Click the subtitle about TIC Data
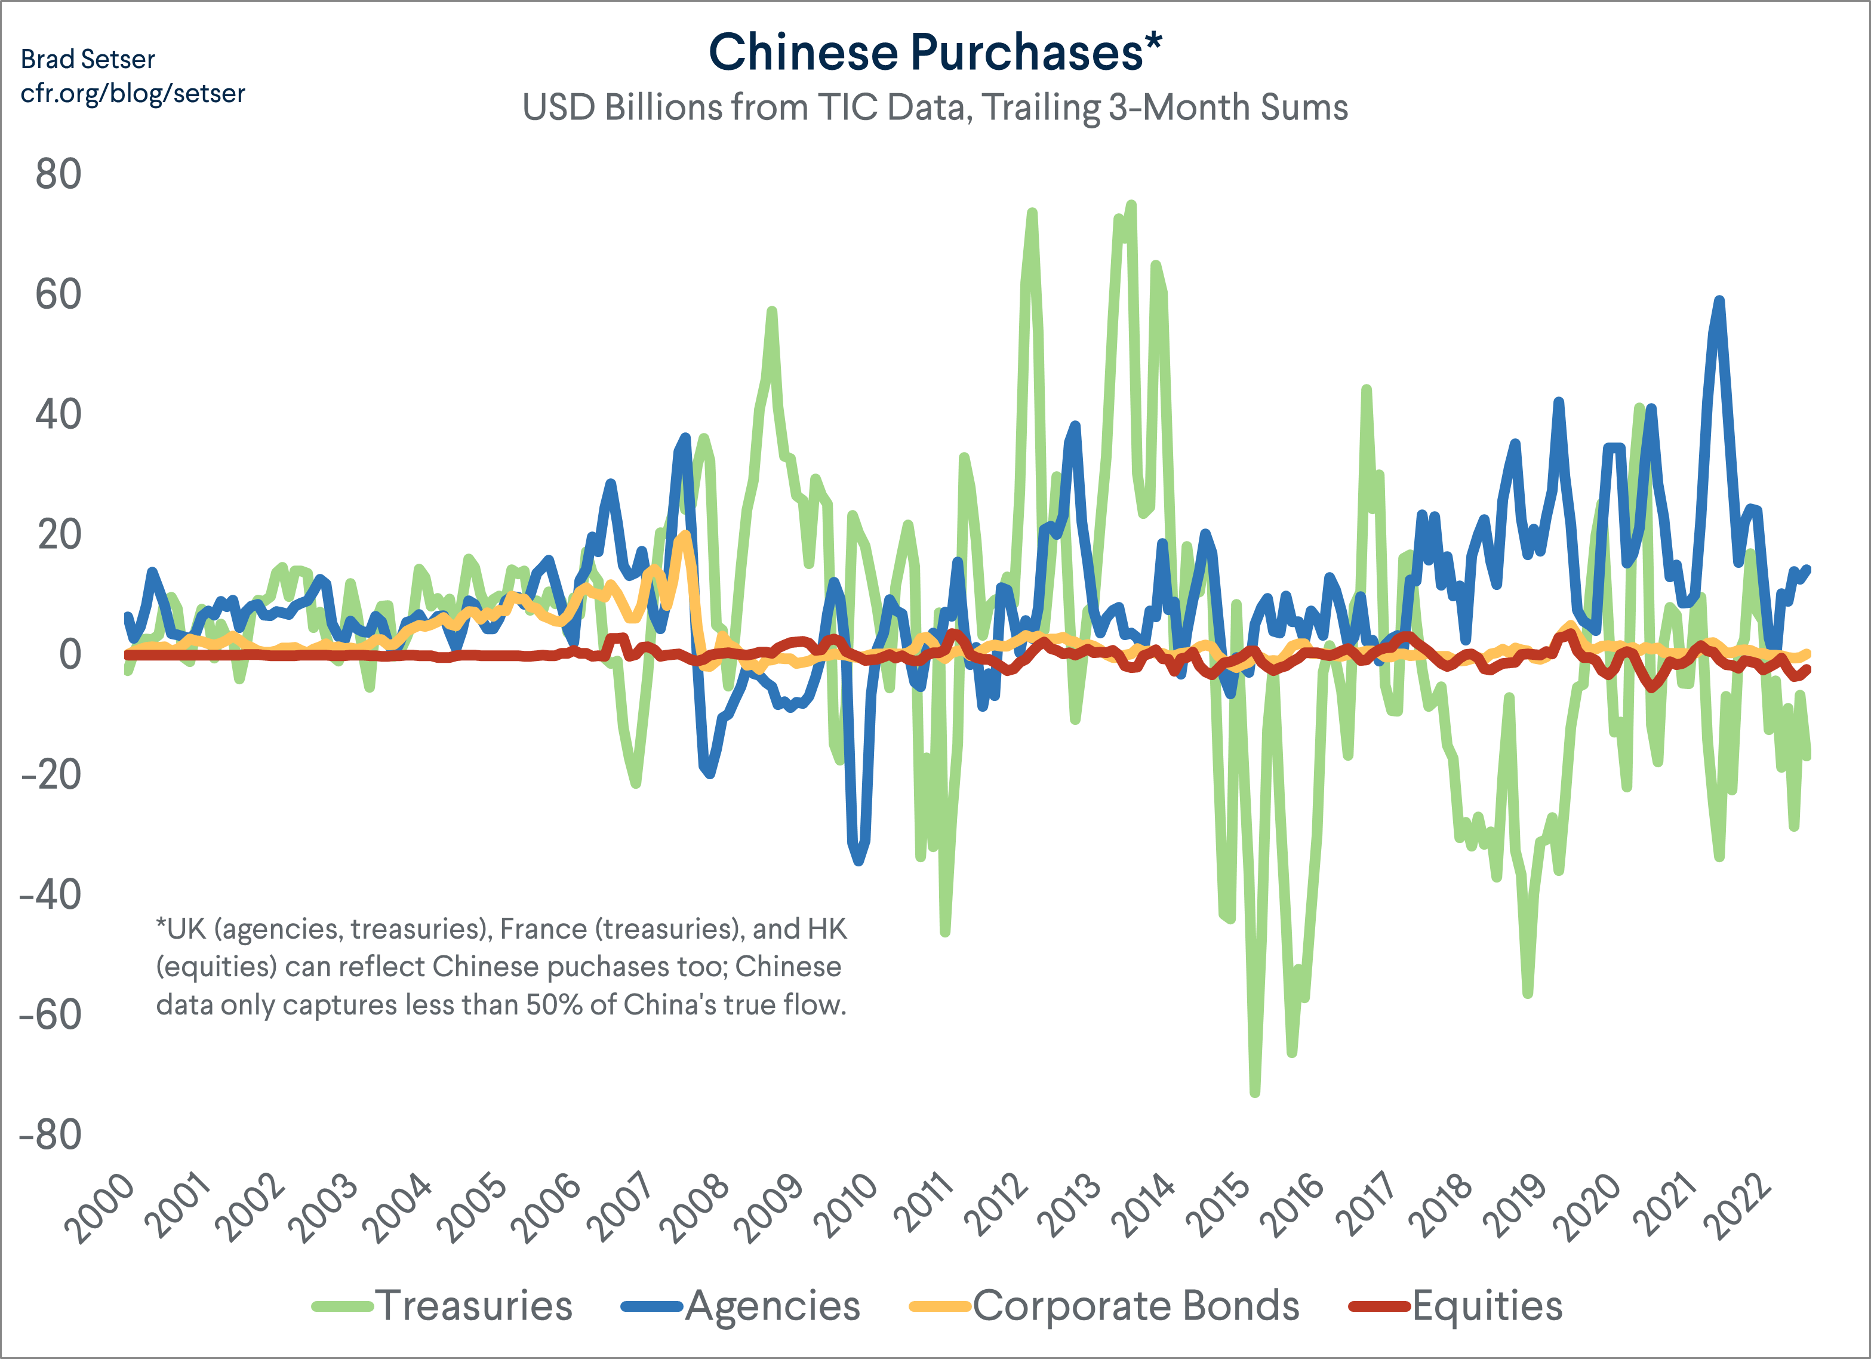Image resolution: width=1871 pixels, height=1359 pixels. pos(935,108)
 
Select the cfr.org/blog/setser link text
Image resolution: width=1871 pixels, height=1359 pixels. pos(132,93)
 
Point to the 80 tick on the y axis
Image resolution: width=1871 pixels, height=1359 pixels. pos(58,175)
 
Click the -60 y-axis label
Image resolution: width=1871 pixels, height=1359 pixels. pos(51,1015)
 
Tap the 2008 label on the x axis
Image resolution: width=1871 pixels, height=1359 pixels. pos(698,1209)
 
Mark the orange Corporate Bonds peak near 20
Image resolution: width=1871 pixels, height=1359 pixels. pos(685,536)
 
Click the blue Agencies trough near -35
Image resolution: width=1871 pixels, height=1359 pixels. pos(858,860)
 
